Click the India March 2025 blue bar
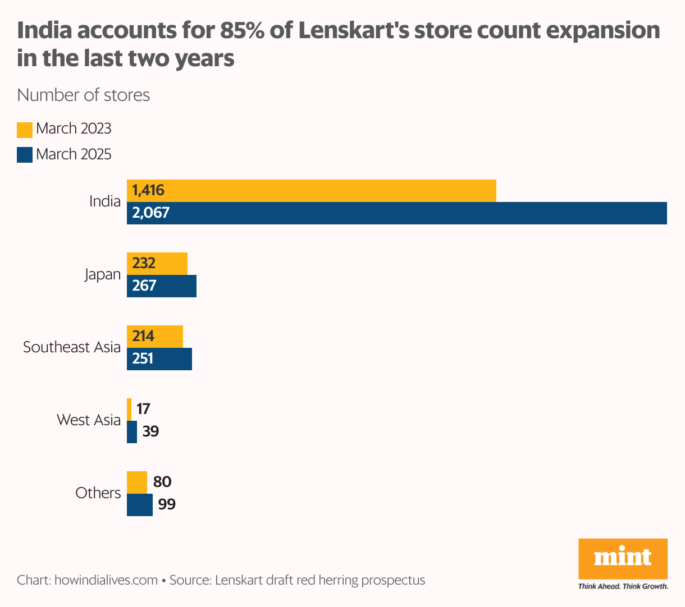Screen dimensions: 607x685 coord(396,213)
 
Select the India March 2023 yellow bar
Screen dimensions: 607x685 coord(312,191)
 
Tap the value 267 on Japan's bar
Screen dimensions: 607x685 coord(144,286)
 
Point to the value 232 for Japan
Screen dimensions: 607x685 coord(144,263)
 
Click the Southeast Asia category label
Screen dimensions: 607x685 coord(72,347)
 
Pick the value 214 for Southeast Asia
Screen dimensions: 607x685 coord(143,336)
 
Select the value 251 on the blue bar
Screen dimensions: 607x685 coord(143,358)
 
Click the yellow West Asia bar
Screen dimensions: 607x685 coord(129,409)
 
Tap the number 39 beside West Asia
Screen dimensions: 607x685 coord(150,431)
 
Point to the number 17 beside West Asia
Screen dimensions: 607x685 coord(143,409)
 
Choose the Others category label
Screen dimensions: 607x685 coord(98,493)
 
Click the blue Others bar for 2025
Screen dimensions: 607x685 coord(139,505)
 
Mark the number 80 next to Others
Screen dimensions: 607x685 coord(162,482)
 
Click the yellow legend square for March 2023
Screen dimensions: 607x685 coord(25,130)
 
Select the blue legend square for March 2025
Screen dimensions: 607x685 coord(25,155)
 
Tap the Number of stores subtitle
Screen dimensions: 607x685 coord(84,95)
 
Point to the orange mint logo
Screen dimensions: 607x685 coord(623,558)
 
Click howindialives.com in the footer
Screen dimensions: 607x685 coord(106,580)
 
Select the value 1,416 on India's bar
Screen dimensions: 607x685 coord(148,190)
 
